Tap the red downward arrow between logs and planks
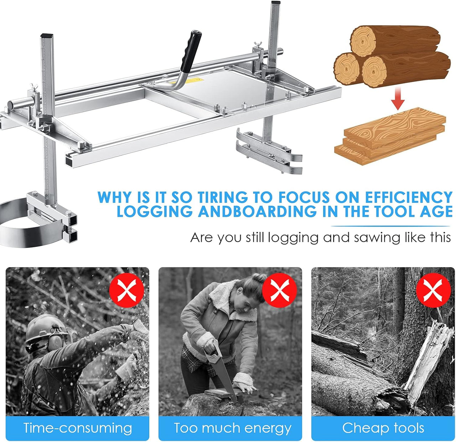click(398, 98)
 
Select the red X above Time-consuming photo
click(127, 290)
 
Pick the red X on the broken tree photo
click(434, 290)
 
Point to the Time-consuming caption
click(78, 428)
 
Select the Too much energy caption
click(232, 428)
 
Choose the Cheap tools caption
click(383, 427)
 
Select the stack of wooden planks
click(390, 136)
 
